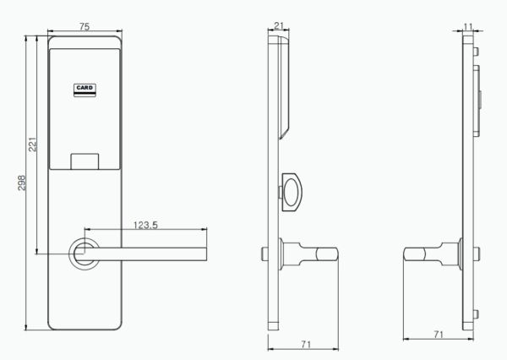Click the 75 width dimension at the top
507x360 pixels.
84,26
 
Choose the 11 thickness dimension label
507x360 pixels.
468,26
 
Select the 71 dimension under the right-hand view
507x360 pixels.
438,335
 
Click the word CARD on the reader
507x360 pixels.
84,86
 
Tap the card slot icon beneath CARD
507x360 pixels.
84,95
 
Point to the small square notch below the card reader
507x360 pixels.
84,160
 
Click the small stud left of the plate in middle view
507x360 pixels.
265,253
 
